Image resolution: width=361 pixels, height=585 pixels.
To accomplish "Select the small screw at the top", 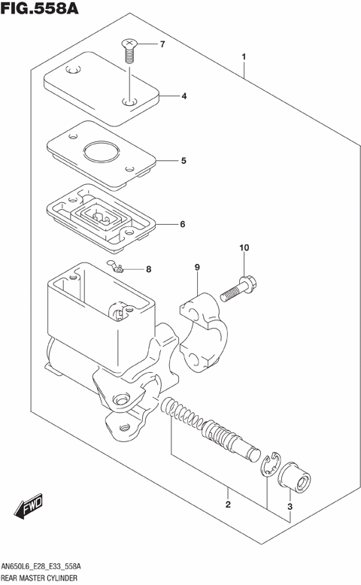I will (129, 50).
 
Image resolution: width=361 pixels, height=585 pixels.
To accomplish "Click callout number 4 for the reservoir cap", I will (183, 96).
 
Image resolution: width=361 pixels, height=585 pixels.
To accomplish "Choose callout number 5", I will (183, 160).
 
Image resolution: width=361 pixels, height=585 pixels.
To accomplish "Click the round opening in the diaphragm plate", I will (101, 153).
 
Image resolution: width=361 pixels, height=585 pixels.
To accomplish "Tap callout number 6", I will (183, 224).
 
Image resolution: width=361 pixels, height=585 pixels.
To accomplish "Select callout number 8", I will (148, 269).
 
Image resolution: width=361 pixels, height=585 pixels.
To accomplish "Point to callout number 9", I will (196, 268).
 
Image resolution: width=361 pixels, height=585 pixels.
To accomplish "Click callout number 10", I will (244, 247).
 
